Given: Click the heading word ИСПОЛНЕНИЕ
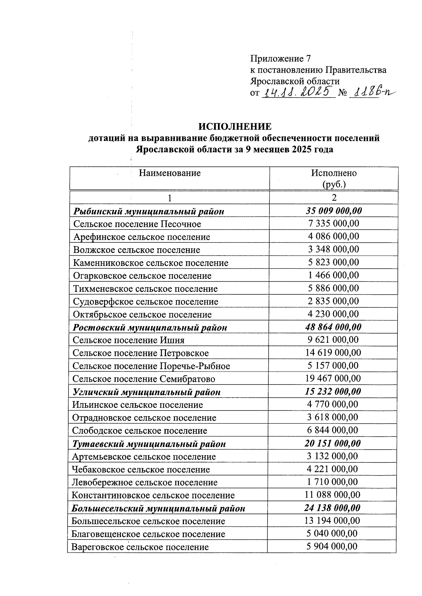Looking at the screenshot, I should (x=235, y=126).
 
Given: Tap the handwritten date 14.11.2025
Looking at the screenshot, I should (x=298, y=92).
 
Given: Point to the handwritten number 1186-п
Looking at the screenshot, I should (x=372, y=92).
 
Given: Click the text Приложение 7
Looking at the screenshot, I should (x=280, y=58).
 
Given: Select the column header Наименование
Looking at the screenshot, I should (x=170, y=173).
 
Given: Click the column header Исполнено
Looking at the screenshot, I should (x=334, y=173).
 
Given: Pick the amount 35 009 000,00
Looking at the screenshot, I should (x=334, y=211).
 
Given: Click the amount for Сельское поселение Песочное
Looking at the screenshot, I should (x=334, y=224).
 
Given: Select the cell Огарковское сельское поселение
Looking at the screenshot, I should (x=142, y=276).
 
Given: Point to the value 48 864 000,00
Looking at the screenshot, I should (x=333, y=327).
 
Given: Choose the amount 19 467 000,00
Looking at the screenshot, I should (x=333, y=379).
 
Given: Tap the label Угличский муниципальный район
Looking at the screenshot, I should (x=146, y=392).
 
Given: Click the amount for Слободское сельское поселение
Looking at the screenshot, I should (x=333, y=430).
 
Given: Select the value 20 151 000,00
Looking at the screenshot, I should (x=333, y=443).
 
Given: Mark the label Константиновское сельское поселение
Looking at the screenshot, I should (x=153, y=496).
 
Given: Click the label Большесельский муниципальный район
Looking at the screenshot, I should (x=158, y=509).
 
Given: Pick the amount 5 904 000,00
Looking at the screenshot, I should (x=332, y=546).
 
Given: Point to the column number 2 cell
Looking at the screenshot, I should (x=334, y=197).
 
